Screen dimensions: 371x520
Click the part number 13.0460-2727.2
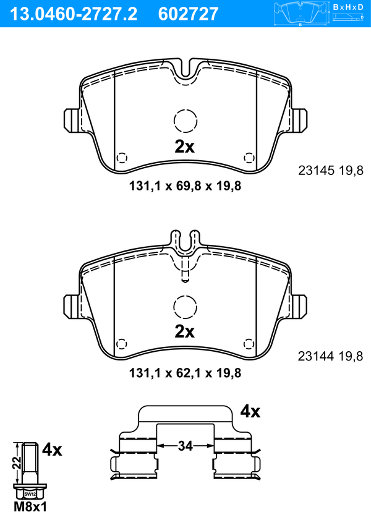(x=74, y=14)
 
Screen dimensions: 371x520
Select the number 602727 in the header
(x=189, y=14)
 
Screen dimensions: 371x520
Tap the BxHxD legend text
(x=348, y=7)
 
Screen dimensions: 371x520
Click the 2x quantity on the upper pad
(x=185, y=147)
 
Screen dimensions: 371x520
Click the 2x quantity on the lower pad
(x=185, y=331)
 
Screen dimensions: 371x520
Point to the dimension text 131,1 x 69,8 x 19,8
(x=185, y=186)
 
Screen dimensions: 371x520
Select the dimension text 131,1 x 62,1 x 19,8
(x=185, y=373)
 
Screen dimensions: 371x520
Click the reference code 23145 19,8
(x=331, y=171)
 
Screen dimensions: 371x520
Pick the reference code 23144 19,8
(x=331, y=356)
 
